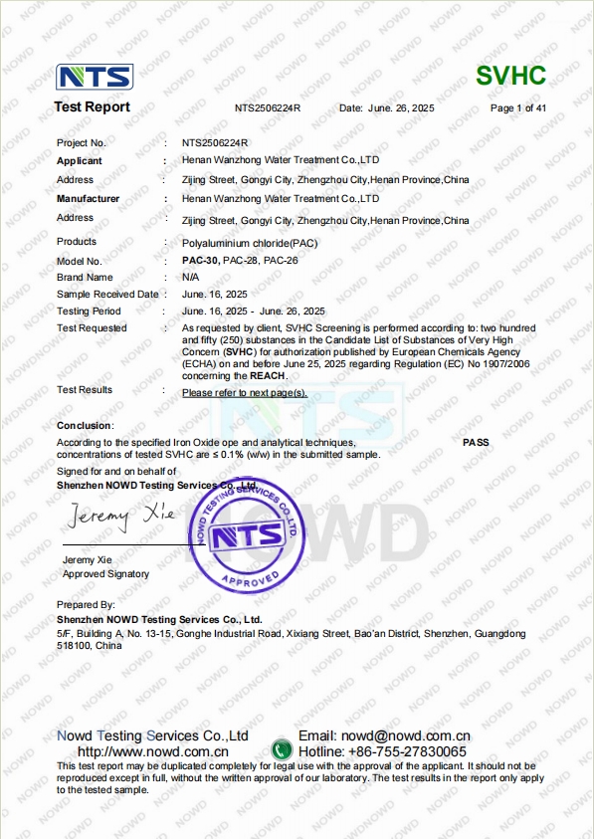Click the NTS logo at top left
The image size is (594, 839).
(95, 78)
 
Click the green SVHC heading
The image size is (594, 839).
(511, 76)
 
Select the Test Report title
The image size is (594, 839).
(92, 107)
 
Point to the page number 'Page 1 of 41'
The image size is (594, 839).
(518, 107)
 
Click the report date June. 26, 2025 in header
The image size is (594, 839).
(401, 107)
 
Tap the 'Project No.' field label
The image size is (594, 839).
(82, 143)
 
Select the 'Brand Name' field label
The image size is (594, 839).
(85, 277)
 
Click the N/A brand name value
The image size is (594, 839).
(191, 277)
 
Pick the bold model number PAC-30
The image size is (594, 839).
(200, 260)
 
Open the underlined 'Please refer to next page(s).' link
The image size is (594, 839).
(245, 392)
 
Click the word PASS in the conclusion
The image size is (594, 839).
(476, 442)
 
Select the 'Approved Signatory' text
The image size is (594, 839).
(105, 574)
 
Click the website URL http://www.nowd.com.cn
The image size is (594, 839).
(153, 751)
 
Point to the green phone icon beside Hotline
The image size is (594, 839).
(283, 749)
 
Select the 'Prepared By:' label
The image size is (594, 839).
(86, 604)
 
